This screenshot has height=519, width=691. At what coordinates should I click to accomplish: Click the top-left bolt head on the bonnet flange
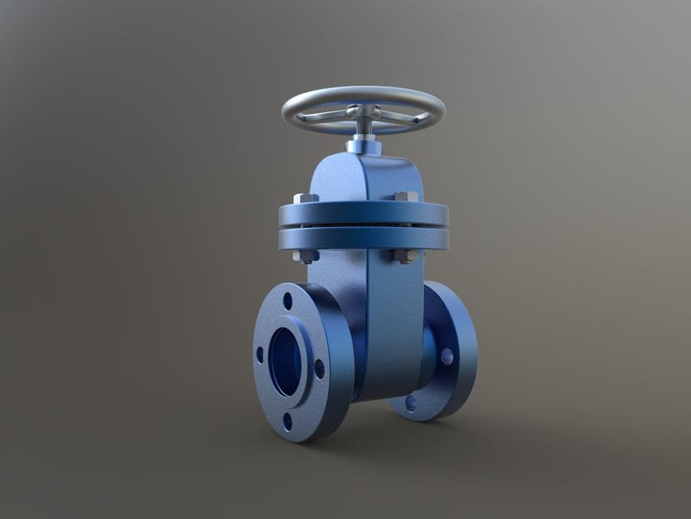coord(305,198)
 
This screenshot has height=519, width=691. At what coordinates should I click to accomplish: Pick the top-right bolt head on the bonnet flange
coord(406,196)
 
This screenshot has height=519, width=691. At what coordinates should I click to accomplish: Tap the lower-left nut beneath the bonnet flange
coord(306,256)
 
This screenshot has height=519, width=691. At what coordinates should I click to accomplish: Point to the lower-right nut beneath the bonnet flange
coord(405,255)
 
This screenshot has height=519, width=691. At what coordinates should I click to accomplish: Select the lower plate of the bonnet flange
coord(363,239)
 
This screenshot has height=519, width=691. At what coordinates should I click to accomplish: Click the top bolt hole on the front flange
coord(288,301)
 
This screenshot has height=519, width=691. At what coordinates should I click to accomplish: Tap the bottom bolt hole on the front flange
coord(288,421)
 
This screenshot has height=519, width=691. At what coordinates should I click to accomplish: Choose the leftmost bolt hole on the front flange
coord(260,354)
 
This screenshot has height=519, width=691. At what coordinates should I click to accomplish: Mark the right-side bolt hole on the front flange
coord(319,369)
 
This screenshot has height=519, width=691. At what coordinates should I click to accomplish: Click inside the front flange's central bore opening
coord(284,362)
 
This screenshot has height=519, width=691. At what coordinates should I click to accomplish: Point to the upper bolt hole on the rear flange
coord(446,355)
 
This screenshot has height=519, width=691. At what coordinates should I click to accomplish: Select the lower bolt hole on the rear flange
coord(411,402)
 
